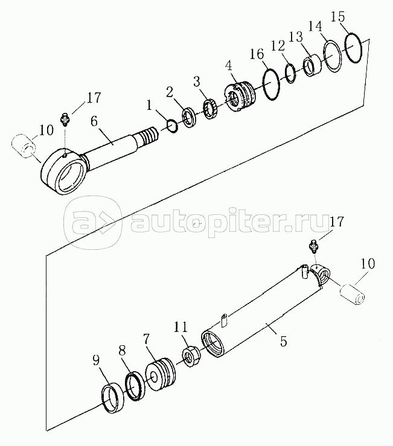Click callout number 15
pos(338,17)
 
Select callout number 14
pos(315,26)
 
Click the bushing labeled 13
pos(312,65)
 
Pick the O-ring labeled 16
pos(264,83)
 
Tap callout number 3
pos(196,82)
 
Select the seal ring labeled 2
pos(188,118)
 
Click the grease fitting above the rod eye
pos(65,120)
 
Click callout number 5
pos(283,341)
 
